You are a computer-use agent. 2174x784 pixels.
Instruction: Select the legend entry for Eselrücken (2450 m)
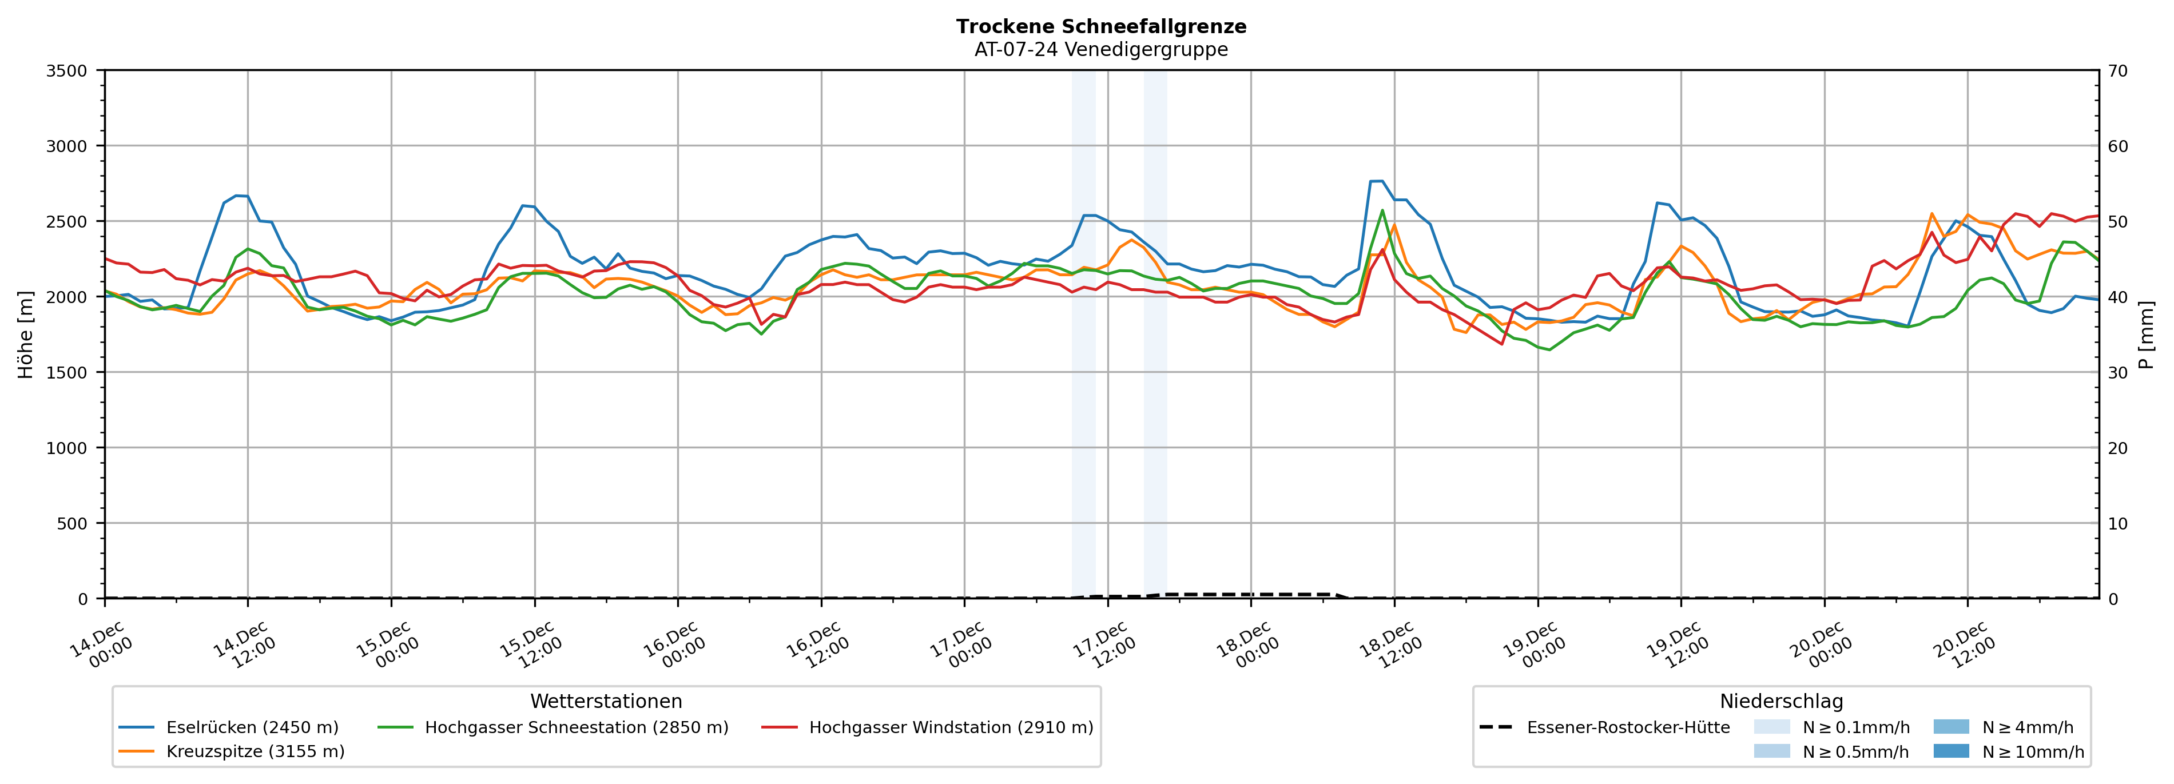tap(252, 727)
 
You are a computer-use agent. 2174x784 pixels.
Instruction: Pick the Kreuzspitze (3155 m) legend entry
tap(255, 751)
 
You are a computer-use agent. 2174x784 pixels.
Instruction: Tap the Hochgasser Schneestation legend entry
tap(575, 727)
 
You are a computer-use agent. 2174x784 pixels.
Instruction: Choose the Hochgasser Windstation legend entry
tap(950, 727)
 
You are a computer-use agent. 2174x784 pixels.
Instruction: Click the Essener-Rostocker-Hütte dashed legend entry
tap(1627, 727)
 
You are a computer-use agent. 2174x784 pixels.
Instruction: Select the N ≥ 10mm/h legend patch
tap(1950, 751)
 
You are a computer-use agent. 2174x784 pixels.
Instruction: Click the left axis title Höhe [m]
tap(25, 334)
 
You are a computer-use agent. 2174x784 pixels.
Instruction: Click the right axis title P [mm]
tap(2146, 334)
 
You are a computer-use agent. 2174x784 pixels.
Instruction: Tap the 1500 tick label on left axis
tap(67, 372)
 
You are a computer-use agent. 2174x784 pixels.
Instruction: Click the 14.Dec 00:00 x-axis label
tap(103, 646)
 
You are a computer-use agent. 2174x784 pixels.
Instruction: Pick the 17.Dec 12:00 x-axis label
tap(1106, 646)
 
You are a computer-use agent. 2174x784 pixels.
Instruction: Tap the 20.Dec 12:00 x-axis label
tap(1966, 646)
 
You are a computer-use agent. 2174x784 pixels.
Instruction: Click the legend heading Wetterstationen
tap(606, 701)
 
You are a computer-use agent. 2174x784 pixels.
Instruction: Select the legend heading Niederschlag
tap(1780, 701)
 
